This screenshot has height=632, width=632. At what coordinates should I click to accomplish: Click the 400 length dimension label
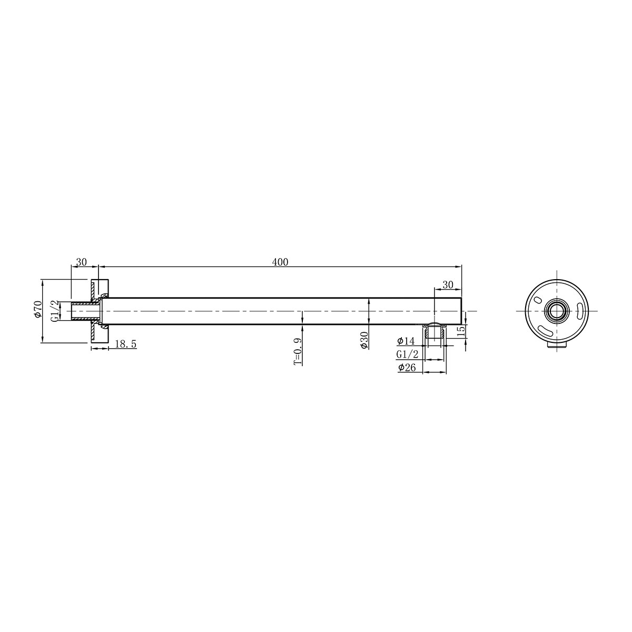tap(281, 262)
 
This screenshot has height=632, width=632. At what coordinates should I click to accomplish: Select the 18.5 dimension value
tap(125, 344)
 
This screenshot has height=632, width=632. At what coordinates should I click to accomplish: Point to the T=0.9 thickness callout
tap(298, 352)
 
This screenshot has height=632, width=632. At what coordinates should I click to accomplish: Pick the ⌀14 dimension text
tap(407, 341)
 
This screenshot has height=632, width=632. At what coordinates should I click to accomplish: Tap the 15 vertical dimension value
tap(461, 332)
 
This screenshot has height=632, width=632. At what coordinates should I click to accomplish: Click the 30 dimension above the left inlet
tap(81, 262)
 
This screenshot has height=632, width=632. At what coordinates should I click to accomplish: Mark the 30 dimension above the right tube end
tap(448, 284)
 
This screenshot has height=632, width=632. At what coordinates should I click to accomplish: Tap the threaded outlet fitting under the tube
tap(434, 333)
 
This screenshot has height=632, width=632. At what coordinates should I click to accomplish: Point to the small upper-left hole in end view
tap(537, 300)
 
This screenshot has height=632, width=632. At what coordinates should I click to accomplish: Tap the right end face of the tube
tap(461, 311)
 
